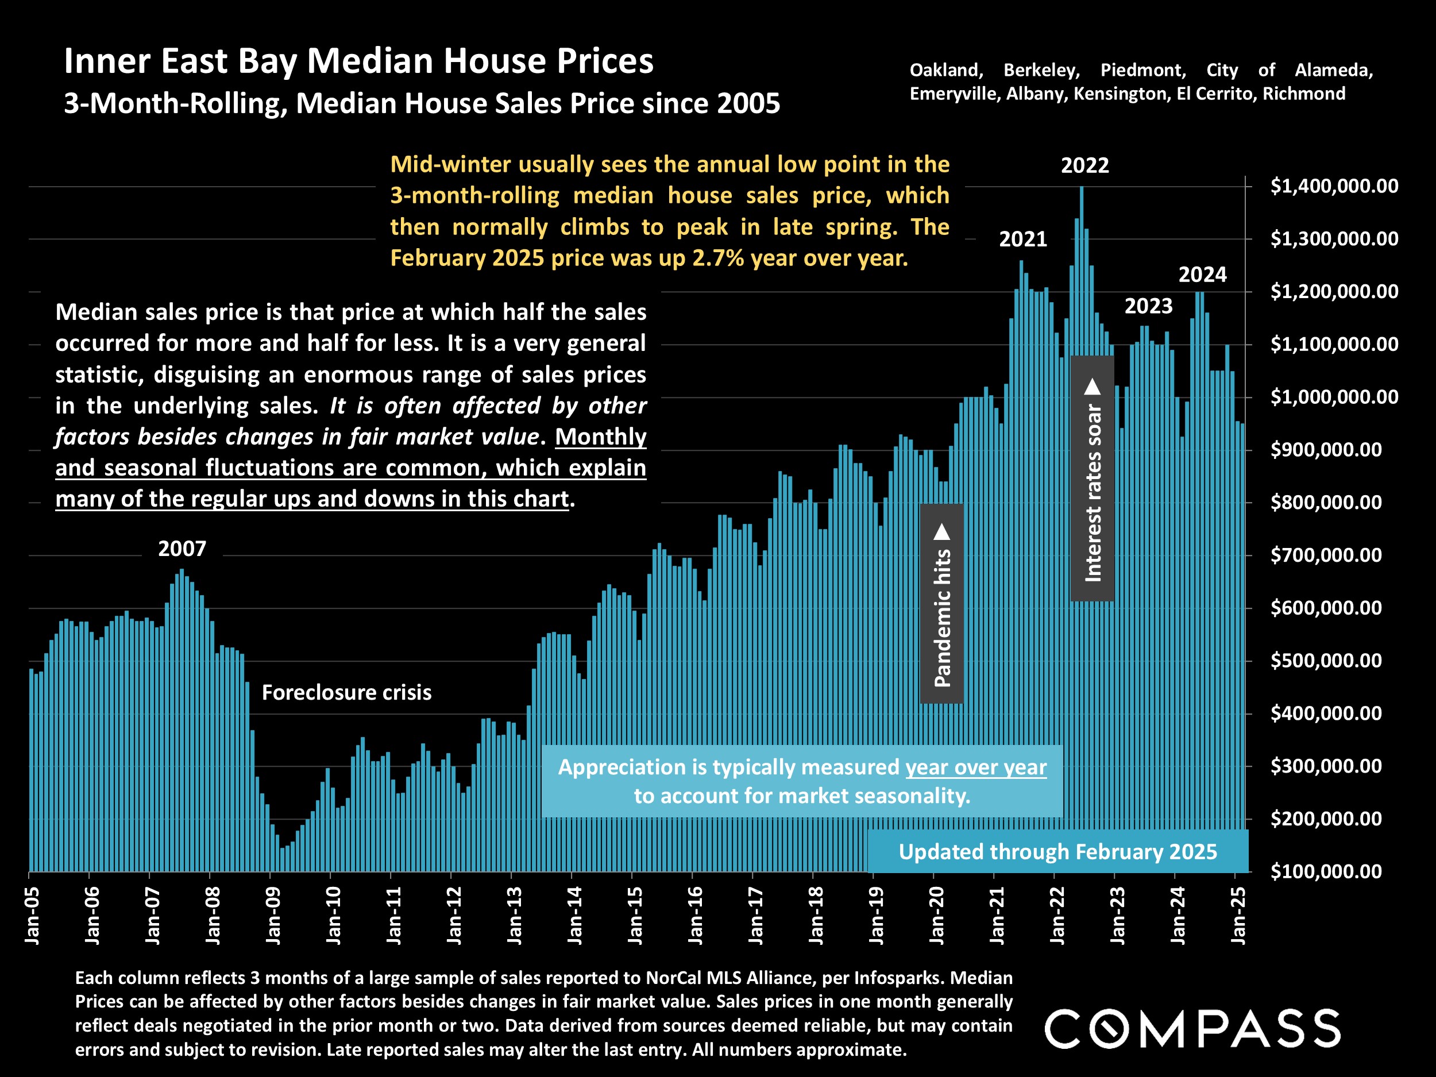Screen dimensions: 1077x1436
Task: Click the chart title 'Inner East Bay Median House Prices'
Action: tap(358, 61)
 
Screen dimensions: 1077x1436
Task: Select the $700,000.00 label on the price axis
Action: tap(1326, 555)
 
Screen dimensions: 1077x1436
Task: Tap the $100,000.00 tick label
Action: tap(1326, 871)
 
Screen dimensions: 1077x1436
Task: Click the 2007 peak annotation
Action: tap(182, 549)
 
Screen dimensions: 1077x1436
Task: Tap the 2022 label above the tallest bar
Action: tap(1085, 165)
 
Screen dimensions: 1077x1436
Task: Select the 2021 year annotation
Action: tap(1023, 240)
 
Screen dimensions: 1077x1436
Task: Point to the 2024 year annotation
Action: tap(1202, 275)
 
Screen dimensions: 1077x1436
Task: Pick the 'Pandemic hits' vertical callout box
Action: tap(942, 604)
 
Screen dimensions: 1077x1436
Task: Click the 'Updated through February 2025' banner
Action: tap(1057, 852)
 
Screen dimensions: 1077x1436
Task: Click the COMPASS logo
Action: tap(1192, 1029)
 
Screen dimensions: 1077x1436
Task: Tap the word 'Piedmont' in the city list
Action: tap(1143, 70)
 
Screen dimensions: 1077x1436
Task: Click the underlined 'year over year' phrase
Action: tap(976, 767)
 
